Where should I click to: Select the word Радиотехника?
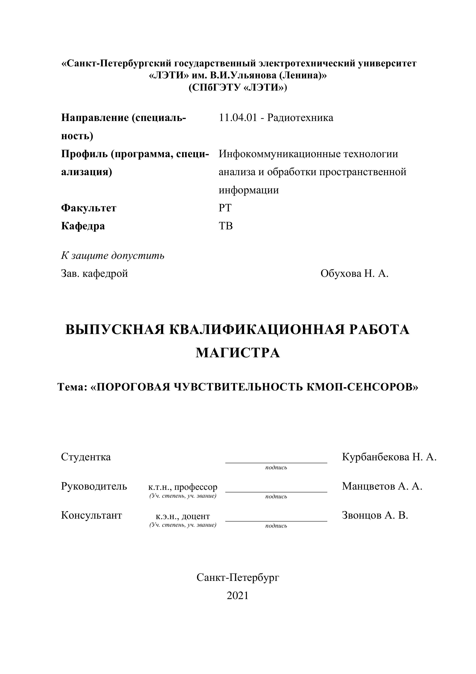pyautogui.click(x=300, y=118)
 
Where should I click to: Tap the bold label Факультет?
pyautogui.click(x=89, y=208)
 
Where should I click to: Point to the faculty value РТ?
pyautogui.click(x=225, y=208)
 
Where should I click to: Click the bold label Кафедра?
pyautogui.click(x=83, y=226)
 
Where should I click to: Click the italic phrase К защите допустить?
pyautogui.click(x=113, y=256)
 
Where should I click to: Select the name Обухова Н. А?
pyautogui.click(x=354, y=274)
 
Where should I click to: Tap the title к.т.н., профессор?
pyautogui.click(x=183, y=487)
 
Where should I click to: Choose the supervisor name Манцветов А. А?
pyautogui.click(x=382, y=486)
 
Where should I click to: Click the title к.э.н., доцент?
pyautogui.click(x=183, y=516)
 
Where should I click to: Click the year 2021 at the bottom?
pyautogui.click(x=238, y=596)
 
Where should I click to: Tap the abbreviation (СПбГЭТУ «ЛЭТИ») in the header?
pyautogui.click(x=238, y=88)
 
